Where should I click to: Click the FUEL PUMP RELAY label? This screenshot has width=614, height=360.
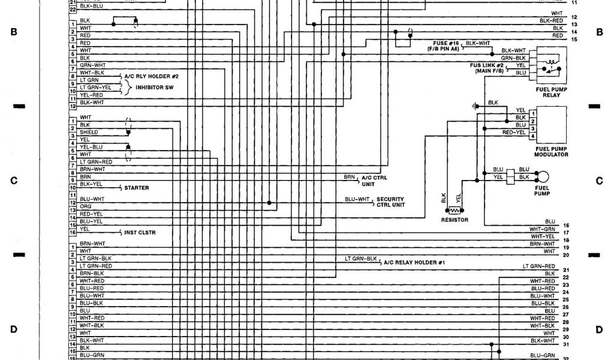551,92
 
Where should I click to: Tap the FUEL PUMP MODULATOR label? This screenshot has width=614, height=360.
551,152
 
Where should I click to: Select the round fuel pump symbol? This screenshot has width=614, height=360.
542,177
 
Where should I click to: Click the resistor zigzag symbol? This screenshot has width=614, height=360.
455,211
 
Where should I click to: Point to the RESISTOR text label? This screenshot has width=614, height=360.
454,220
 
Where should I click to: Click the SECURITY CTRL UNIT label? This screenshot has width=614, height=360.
390,202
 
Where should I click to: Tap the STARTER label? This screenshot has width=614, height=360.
136,188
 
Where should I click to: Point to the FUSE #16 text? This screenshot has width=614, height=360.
447,44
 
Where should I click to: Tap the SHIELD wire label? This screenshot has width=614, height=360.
88,132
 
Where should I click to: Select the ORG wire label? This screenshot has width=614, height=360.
85,206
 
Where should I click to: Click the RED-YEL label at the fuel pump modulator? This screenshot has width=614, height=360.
514,132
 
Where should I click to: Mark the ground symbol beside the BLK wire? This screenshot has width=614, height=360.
474,106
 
